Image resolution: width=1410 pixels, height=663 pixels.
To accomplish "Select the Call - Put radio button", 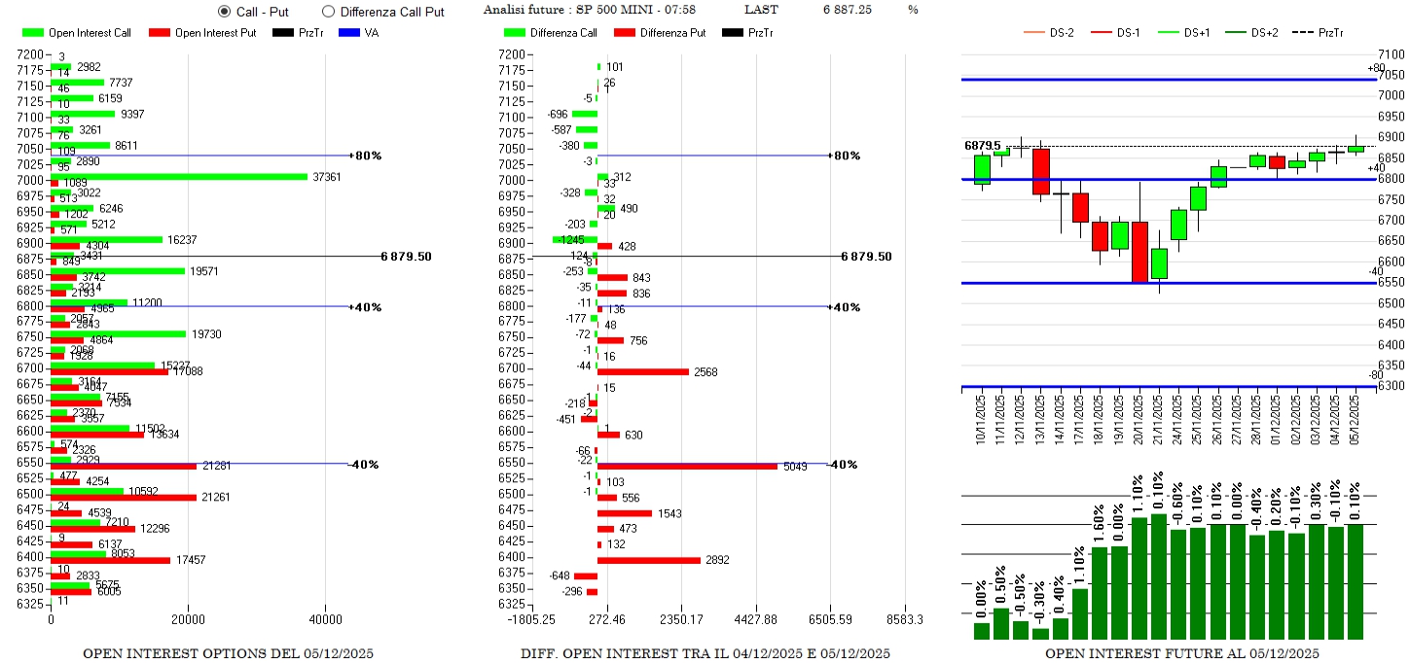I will [x=224, y=12].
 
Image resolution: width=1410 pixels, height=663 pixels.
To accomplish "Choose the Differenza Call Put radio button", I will [x=328, y=12].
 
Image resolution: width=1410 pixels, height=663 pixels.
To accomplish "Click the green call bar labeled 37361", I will [x=179, y=176].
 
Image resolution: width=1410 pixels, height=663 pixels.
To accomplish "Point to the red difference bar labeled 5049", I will [x=687, y=467].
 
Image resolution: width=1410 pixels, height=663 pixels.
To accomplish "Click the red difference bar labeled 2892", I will [x=648, y=560].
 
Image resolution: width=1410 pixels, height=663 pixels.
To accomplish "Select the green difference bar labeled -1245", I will [x=575, y=239].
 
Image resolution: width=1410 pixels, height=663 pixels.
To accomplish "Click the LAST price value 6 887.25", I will [x=847, y=10].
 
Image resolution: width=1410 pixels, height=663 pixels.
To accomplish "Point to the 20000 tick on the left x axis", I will [x=188, y=620].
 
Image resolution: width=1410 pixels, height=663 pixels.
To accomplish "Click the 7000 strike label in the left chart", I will [x=30, y=181].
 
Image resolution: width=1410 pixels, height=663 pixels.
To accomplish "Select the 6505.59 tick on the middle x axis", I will [x=830, y=620].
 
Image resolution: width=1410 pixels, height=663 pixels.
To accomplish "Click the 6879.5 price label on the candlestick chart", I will [x=983, y=146].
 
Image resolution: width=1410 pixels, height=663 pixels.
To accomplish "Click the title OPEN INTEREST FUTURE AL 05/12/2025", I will [x=1181, y=653].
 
